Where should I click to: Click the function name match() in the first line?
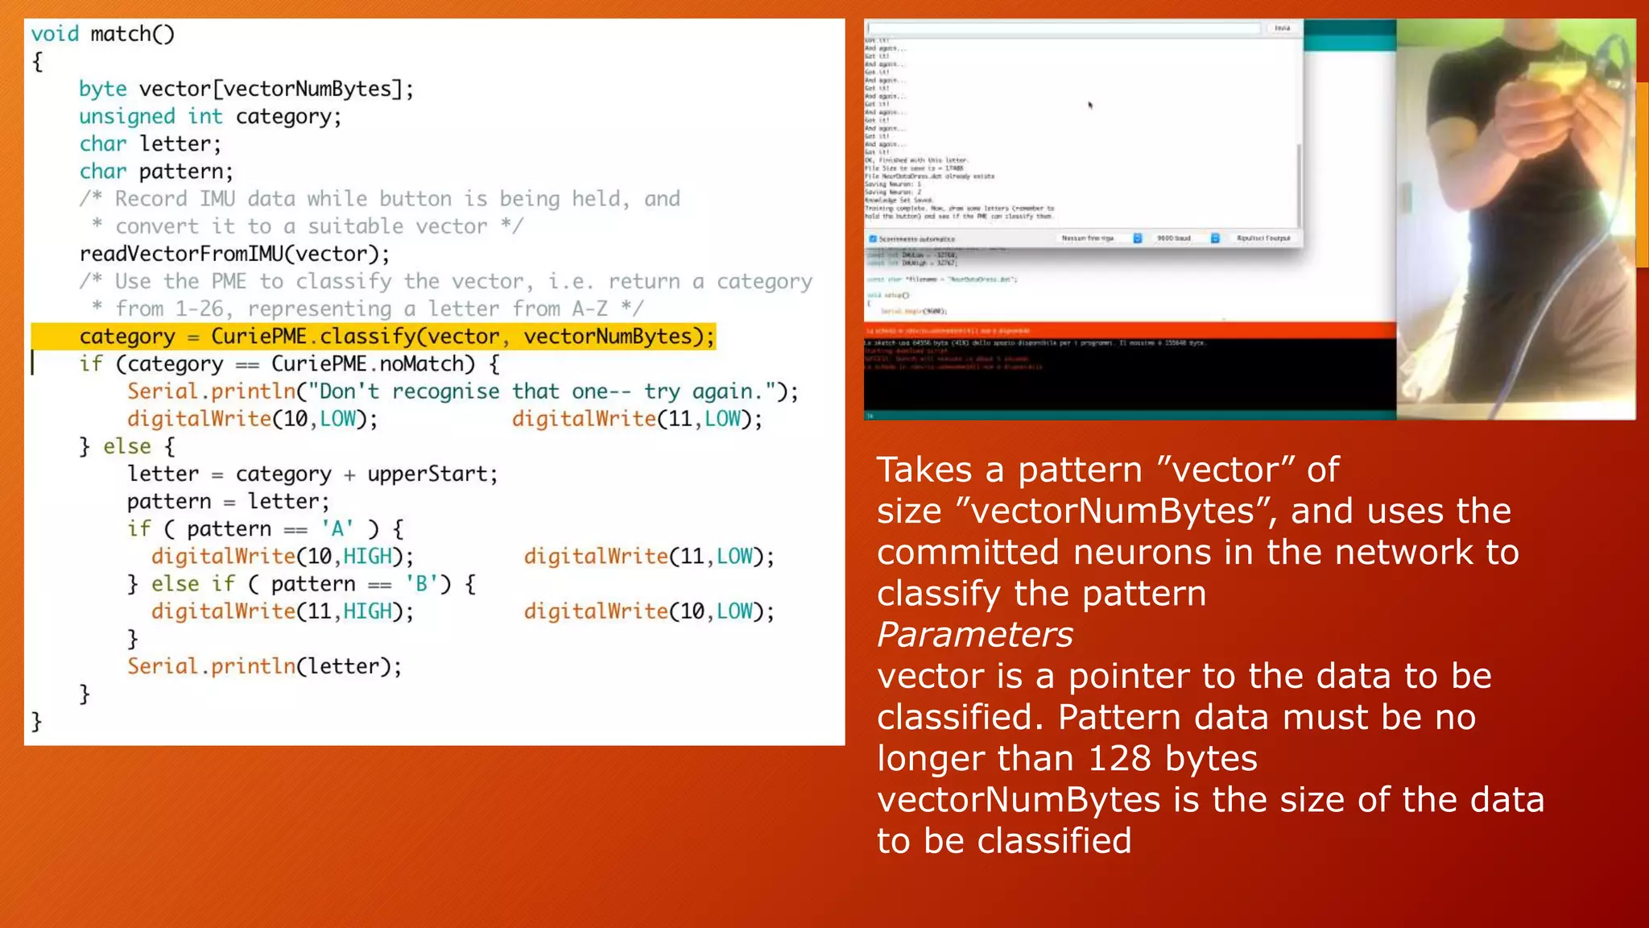point(132,34)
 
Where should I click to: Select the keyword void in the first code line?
point(55,34)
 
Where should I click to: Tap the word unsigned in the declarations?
point(126,117)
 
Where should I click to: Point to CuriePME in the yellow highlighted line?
point(258,336)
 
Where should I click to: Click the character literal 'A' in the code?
point(337,528)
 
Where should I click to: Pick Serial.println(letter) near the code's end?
point(263,666)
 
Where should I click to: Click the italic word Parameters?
point(974,635)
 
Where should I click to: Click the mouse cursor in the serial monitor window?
point(1090,105)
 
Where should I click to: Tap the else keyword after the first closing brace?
point(126,446)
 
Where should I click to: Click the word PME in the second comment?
point(229,281)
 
